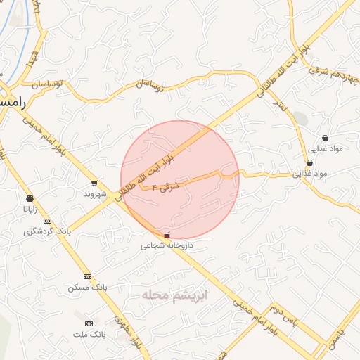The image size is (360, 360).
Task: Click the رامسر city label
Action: (x=13, y=103)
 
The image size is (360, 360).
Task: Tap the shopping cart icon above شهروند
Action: (x=94, y=183)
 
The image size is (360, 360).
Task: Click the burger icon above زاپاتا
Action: (x=30, y=198)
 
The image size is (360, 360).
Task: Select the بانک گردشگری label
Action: (x=48, y=231)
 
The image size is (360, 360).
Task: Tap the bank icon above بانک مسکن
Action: (x=87, y=276)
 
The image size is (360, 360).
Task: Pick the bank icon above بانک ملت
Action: (x=89, y=323)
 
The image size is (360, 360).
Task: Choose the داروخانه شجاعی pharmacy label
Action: (x=167, y=246)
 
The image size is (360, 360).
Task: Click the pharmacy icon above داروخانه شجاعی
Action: (x=167, y=235)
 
